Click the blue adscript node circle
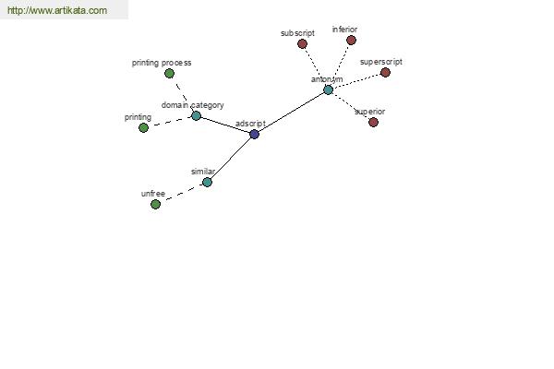click(x=255, y=134)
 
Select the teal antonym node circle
click(x=328, y=89)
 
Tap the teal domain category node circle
click(x=196, y=116)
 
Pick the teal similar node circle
click(x=207, y=183)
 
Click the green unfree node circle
click(x=155, y=204)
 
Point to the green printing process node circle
click(x=169, y=74)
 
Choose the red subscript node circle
click(x=302, y=43)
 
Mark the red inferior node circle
click(x=351, y=41)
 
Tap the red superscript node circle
click(x=385, y=72)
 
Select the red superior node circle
click(x=373, y=122)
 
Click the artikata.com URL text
click(x=57, y=10)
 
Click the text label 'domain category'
click(x=193, y=105)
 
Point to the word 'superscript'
click(x=381, y=62)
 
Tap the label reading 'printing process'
click(x=162, y=63)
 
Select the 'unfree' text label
click(x=153, y=194)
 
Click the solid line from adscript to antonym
click(x=292, y=112)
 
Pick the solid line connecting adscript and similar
click(x=231, y=158)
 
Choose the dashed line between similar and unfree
click(x=181, y=193)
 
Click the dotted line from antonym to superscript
click(x=356, y=81)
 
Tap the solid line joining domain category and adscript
click(x=225, y=125)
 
